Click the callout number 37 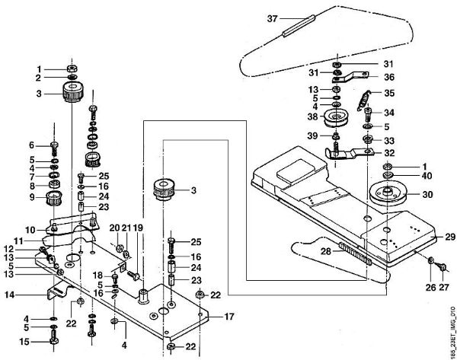[x=272, y=19]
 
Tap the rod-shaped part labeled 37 [x=299, y=26]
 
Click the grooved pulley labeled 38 [x=337, y=118]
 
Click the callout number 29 [x=450, y=237]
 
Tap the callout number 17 [x=229, y=317]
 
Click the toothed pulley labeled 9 [x=55, y=198]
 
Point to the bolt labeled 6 [x=55, y=148]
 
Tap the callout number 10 [x=30, y=230]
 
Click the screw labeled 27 [x=440, y=266]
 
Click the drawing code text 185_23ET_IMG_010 [x=452, y=332]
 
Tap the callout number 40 [x=427, y=176]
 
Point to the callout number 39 [x=312, y=135]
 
